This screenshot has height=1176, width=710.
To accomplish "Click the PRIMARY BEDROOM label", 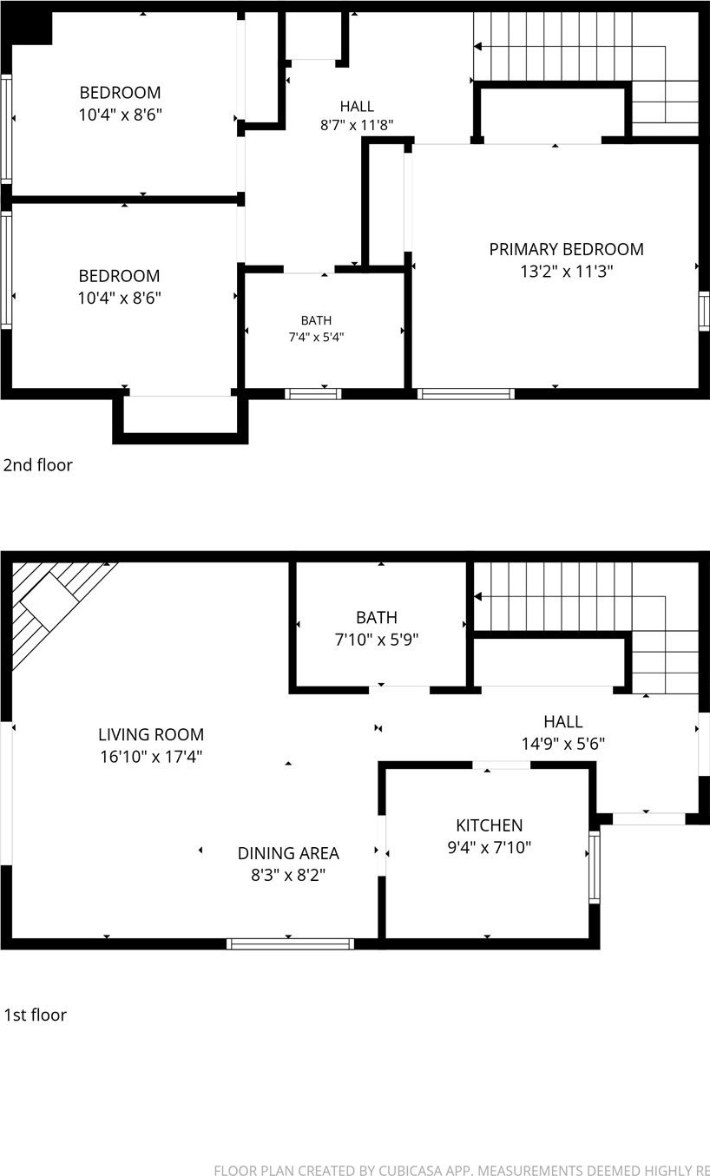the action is tap(566, 249).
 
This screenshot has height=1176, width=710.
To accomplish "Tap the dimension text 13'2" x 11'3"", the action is tap(567, 272).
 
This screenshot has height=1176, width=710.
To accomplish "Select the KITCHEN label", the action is tap(489, 825).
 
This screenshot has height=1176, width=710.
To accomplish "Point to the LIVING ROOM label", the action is tap(151, 734).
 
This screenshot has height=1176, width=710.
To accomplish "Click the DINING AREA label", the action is tap(288, 853).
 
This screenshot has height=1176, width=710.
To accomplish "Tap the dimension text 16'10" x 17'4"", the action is tap(151, 757).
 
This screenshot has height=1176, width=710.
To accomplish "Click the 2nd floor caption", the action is tap(38, 465).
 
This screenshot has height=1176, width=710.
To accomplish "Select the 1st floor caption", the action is tap(36, 1015).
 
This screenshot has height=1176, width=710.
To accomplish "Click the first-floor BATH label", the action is tap(377, 617).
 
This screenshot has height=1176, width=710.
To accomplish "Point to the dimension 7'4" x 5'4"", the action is tap(316, 337).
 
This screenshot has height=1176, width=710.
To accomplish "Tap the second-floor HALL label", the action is tap(357, 107).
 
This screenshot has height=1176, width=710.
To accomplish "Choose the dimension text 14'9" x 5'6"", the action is tap(563, 744).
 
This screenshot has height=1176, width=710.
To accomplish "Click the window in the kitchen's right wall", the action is tap(594, 867).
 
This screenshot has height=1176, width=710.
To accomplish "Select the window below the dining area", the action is tap(290, 943).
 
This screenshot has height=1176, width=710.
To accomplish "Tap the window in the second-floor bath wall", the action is tap(313, 394).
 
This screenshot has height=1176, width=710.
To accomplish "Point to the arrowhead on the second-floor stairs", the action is tap(477, 47).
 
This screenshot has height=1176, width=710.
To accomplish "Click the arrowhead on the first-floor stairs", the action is tap(477, 597).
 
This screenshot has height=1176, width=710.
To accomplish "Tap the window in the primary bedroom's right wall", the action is tap(704, 312).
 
